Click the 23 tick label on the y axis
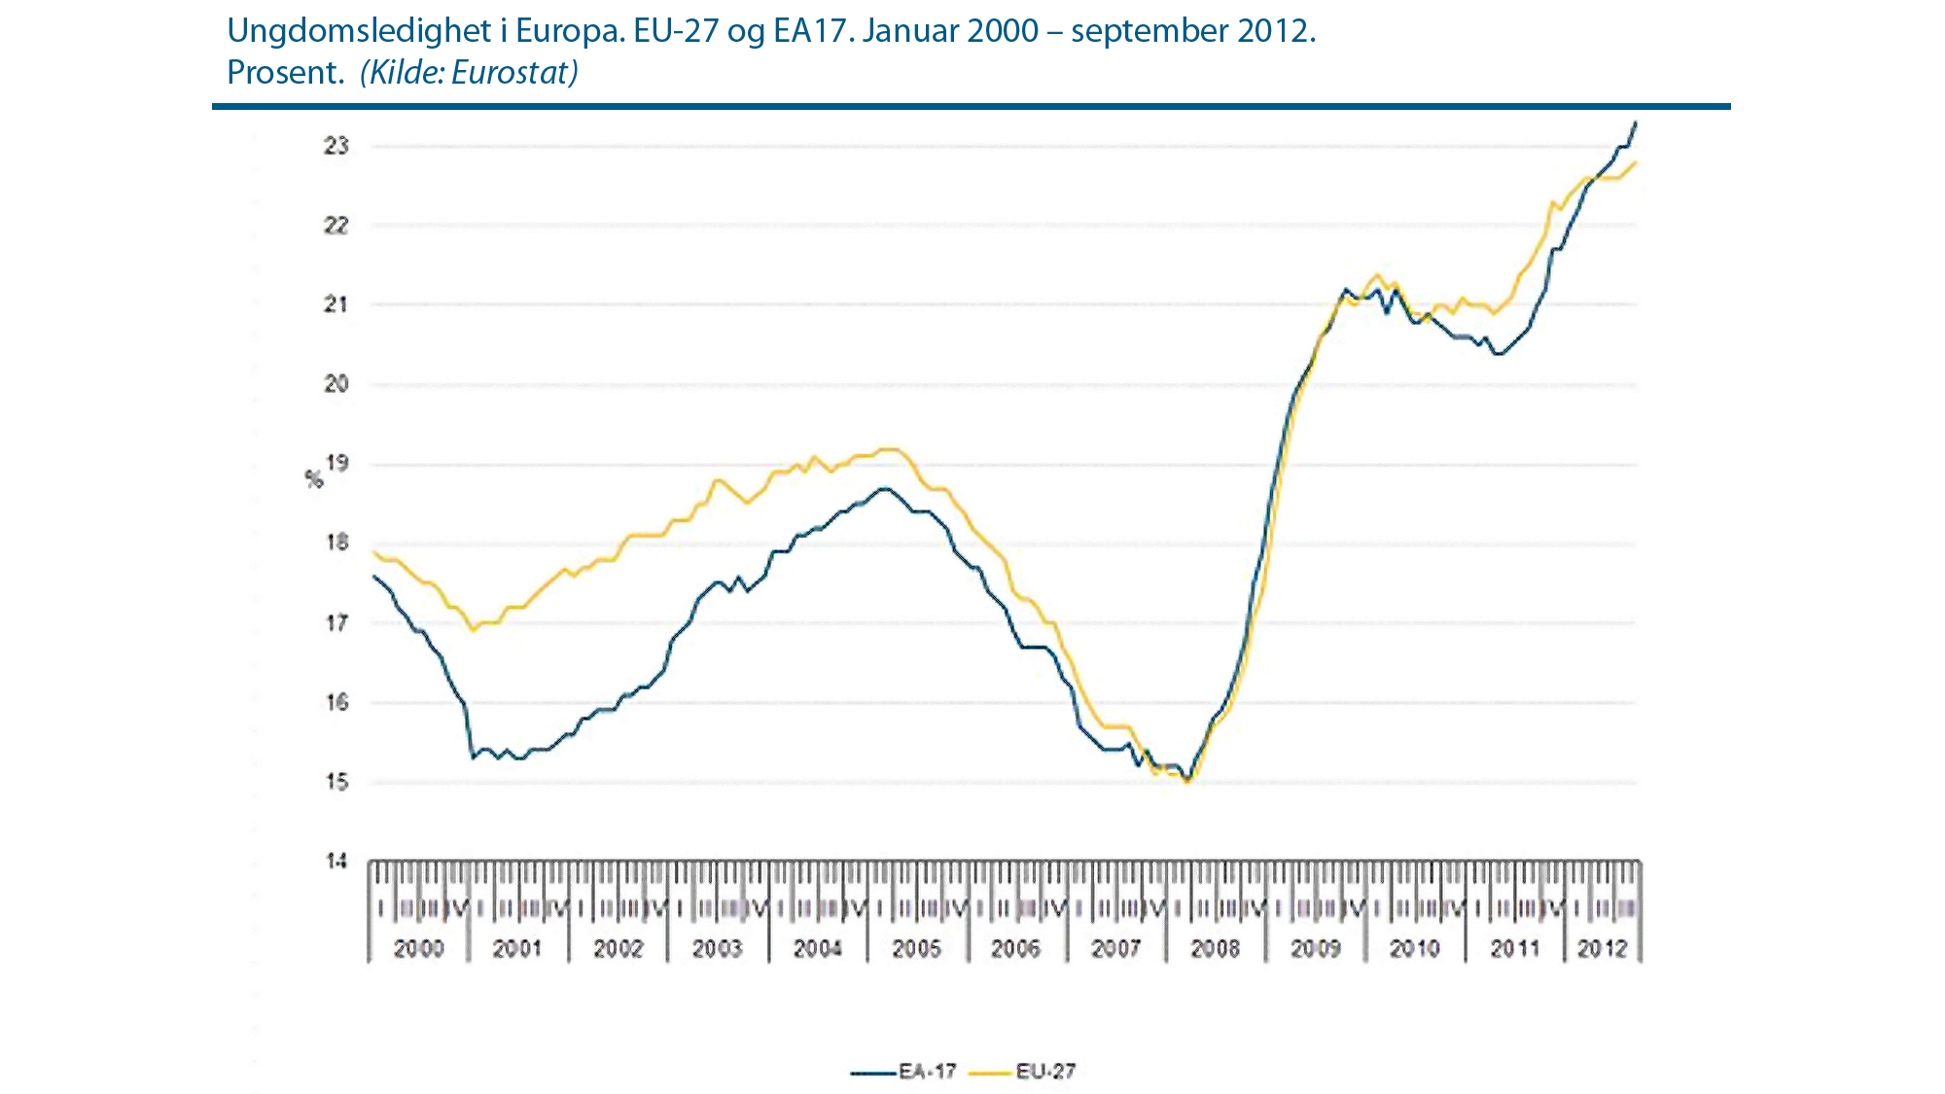tap(336, 147)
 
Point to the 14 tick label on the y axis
tap(336, 862)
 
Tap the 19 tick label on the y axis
tap(336, 463)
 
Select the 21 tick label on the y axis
tap(336, 304)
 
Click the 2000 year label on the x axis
tap(418, 948)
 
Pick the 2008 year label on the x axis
tap(1216, 948)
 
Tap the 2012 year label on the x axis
tap(1602, 948)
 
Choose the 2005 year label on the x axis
tap(916, 948)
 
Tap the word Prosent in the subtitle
tap(284, 73)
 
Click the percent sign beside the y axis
tap(313, 479)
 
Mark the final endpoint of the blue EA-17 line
tap(1636, 123)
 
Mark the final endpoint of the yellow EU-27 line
tap(1636, 162)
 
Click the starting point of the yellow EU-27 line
tap(373, 551)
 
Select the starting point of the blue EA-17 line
tap(373, 576)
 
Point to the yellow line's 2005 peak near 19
tap(890, 449)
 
